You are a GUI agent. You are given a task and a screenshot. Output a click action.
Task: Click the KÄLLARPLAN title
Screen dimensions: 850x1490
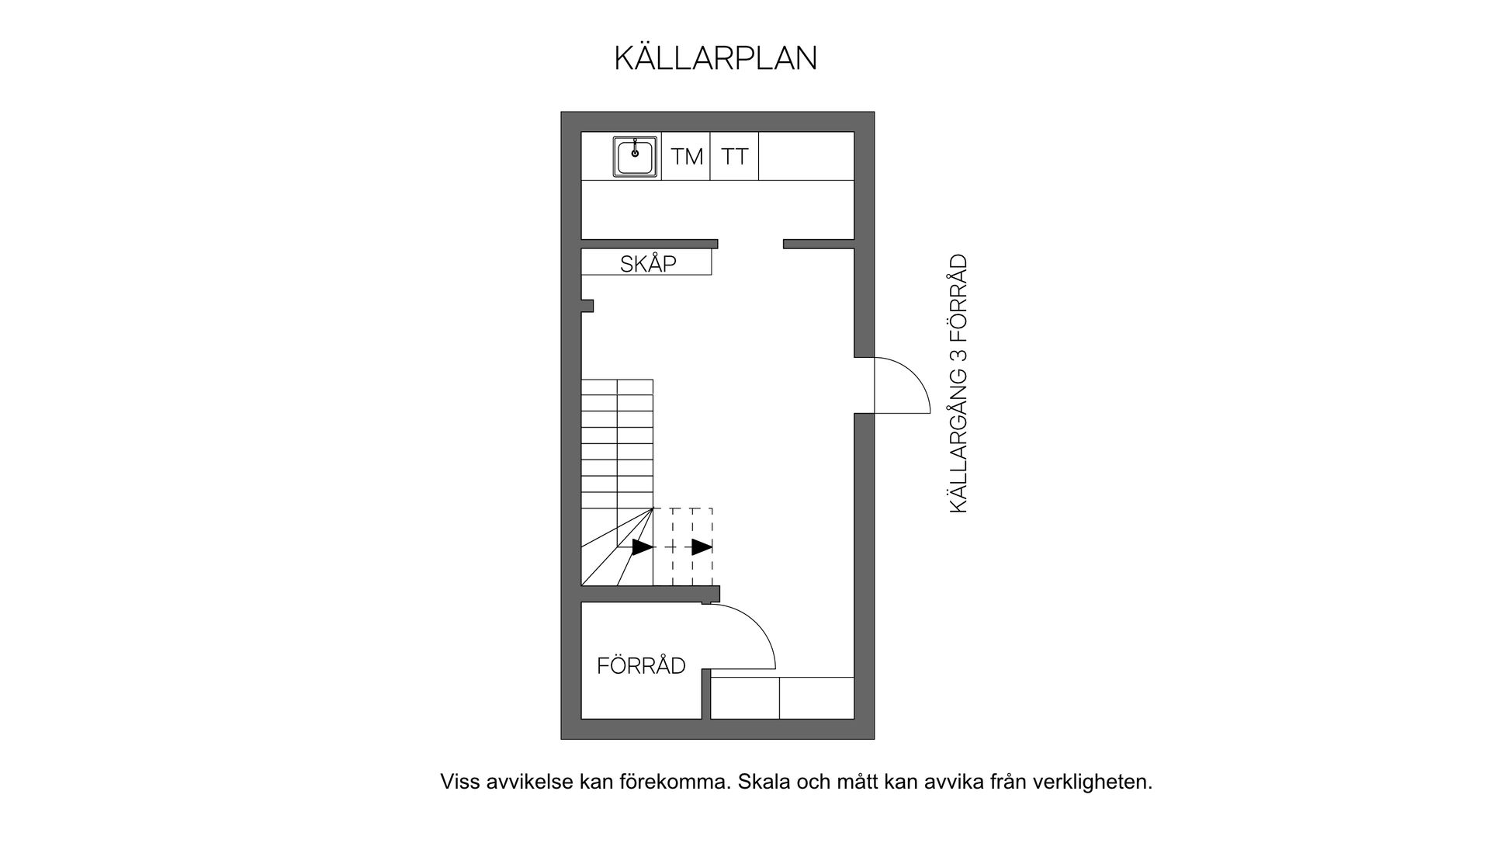coord(716,59)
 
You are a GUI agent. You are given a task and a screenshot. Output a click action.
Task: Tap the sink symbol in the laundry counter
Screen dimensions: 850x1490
coord(636,157)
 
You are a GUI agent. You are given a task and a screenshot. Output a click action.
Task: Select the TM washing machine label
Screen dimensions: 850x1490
coord(687,157)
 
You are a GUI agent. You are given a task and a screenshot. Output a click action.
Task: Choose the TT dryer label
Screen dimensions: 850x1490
coord(734,157)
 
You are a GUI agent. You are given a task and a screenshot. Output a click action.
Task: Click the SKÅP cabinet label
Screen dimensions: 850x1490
coord(648,264)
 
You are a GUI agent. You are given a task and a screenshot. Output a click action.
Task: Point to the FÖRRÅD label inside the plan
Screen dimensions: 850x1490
coord(641,666)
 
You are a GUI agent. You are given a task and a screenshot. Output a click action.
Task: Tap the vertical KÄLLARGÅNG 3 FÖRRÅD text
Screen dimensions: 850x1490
coord(959,383)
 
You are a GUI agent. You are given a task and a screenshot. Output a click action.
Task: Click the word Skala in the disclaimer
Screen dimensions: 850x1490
coord(764,782)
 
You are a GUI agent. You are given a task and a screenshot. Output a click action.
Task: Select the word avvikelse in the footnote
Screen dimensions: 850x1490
coord(530,782)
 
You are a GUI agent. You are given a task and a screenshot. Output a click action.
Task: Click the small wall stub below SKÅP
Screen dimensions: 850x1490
coord(587,306)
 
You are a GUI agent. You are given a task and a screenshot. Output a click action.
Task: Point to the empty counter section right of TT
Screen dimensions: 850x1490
coord(806,157)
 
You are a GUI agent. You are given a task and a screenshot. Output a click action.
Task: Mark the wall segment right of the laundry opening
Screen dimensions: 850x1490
coord(819,244)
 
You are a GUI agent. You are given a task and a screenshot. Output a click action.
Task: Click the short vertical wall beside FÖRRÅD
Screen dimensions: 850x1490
coord(706,694)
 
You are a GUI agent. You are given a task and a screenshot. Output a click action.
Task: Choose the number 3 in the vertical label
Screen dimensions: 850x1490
coord(959,355)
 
